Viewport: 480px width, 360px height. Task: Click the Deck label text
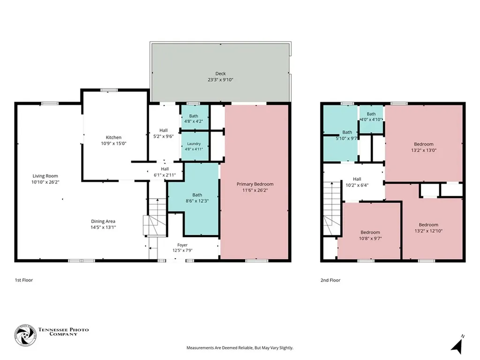[220, 74]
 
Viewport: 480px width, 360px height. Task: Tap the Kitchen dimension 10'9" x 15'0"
[113, 143]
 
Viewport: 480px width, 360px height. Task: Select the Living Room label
[45, 176]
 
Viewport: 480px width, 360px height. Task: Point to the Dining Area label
[103, 221]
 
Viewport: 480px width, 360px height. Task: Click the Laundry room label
[194, 143]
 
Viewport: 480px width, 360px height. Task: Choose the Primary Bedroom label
[255, 184]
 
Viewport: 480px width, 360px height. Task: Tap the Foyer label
[182, 245]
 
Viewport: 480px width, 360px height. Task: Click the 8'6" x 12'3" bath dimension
[197, 201]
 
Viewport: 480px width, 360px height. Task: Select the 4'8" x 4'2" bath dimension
[194, 121]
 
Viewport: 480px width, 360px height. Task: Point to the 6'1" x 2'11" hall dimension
[165, 175]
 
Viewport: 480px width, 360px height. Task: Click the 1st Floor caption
[24, 280]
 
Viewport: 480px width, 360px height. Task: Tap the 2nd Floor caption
[330, 280]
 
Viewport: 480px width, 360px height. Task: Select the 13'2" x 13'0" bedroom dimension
[424, 150]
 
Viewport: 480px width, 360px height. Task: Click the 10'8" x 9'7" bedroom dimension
[370, 239]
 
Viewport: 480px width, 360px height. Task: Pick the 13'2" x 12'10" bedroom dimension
[428, 231]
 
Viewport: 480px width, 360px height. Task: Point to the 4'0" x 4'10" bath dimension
[371, 120]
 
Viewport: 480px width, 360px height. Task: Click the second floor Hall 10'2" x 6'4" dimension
[357, 185]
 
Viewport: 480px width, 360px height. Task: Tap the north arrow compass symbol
[457, 345]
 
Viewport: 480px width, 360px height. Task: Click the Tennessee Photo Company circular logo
[25, 335]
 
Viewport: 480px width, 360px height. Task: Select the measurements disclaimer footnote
[240, 348]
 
